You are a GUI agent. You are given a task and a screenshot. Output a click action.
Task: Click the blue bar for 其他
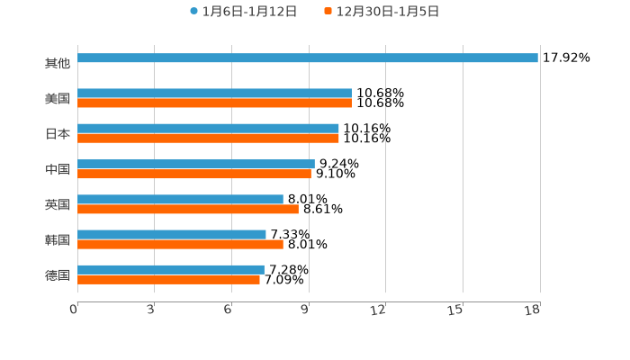click(308, 58)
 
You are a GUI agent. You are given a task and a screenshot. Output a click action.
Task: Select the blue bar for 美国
click(214, 93)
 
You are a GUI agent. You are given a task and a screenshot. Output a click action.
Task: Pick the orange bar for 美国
click(214, 103)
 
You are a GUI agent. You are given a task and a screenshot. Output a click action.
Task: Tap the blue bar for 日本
click(208, 128)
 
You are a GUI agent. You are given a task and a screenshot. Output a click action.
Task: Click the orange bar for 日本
click(208, 139)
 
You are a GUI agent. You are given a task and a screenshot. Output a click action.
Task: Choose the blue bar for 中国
click(196, 164)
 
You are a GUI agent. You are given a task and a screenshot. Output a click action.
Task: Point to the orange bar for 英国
click(188, 209)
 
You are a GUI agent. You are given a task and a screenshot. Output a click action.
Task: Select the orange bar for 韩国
click(180, 244)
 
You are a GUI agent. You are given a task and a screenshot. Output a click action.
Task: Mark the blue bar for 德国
click(171, 269)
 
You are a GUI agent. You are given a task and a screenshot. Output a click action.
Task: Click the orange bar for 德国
click(168, 279)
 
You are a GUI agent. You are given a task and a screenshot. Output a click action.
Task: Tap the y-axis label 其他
click(58, 64)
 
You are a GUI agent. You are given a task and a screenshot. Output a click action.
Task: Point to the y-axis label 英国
click(58, 204)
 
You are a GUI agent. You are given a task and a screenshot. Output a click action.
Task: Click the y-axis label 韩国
click(58, 239)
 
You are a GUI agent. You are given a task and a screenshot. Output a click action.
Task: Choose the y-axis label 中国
click(58, 169)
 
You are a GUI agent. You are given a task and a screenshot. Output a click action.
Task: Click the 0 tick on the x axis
click(74, 310)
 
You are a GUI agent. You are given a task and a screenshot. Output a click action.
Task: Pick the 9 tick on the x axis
click(306, 310)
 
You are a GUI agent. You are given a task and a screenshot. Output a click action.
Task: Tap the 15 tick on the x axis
click(457, 310)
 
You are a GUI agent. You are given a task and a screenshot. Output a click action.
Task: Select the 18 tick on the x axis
click(534, 310)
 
